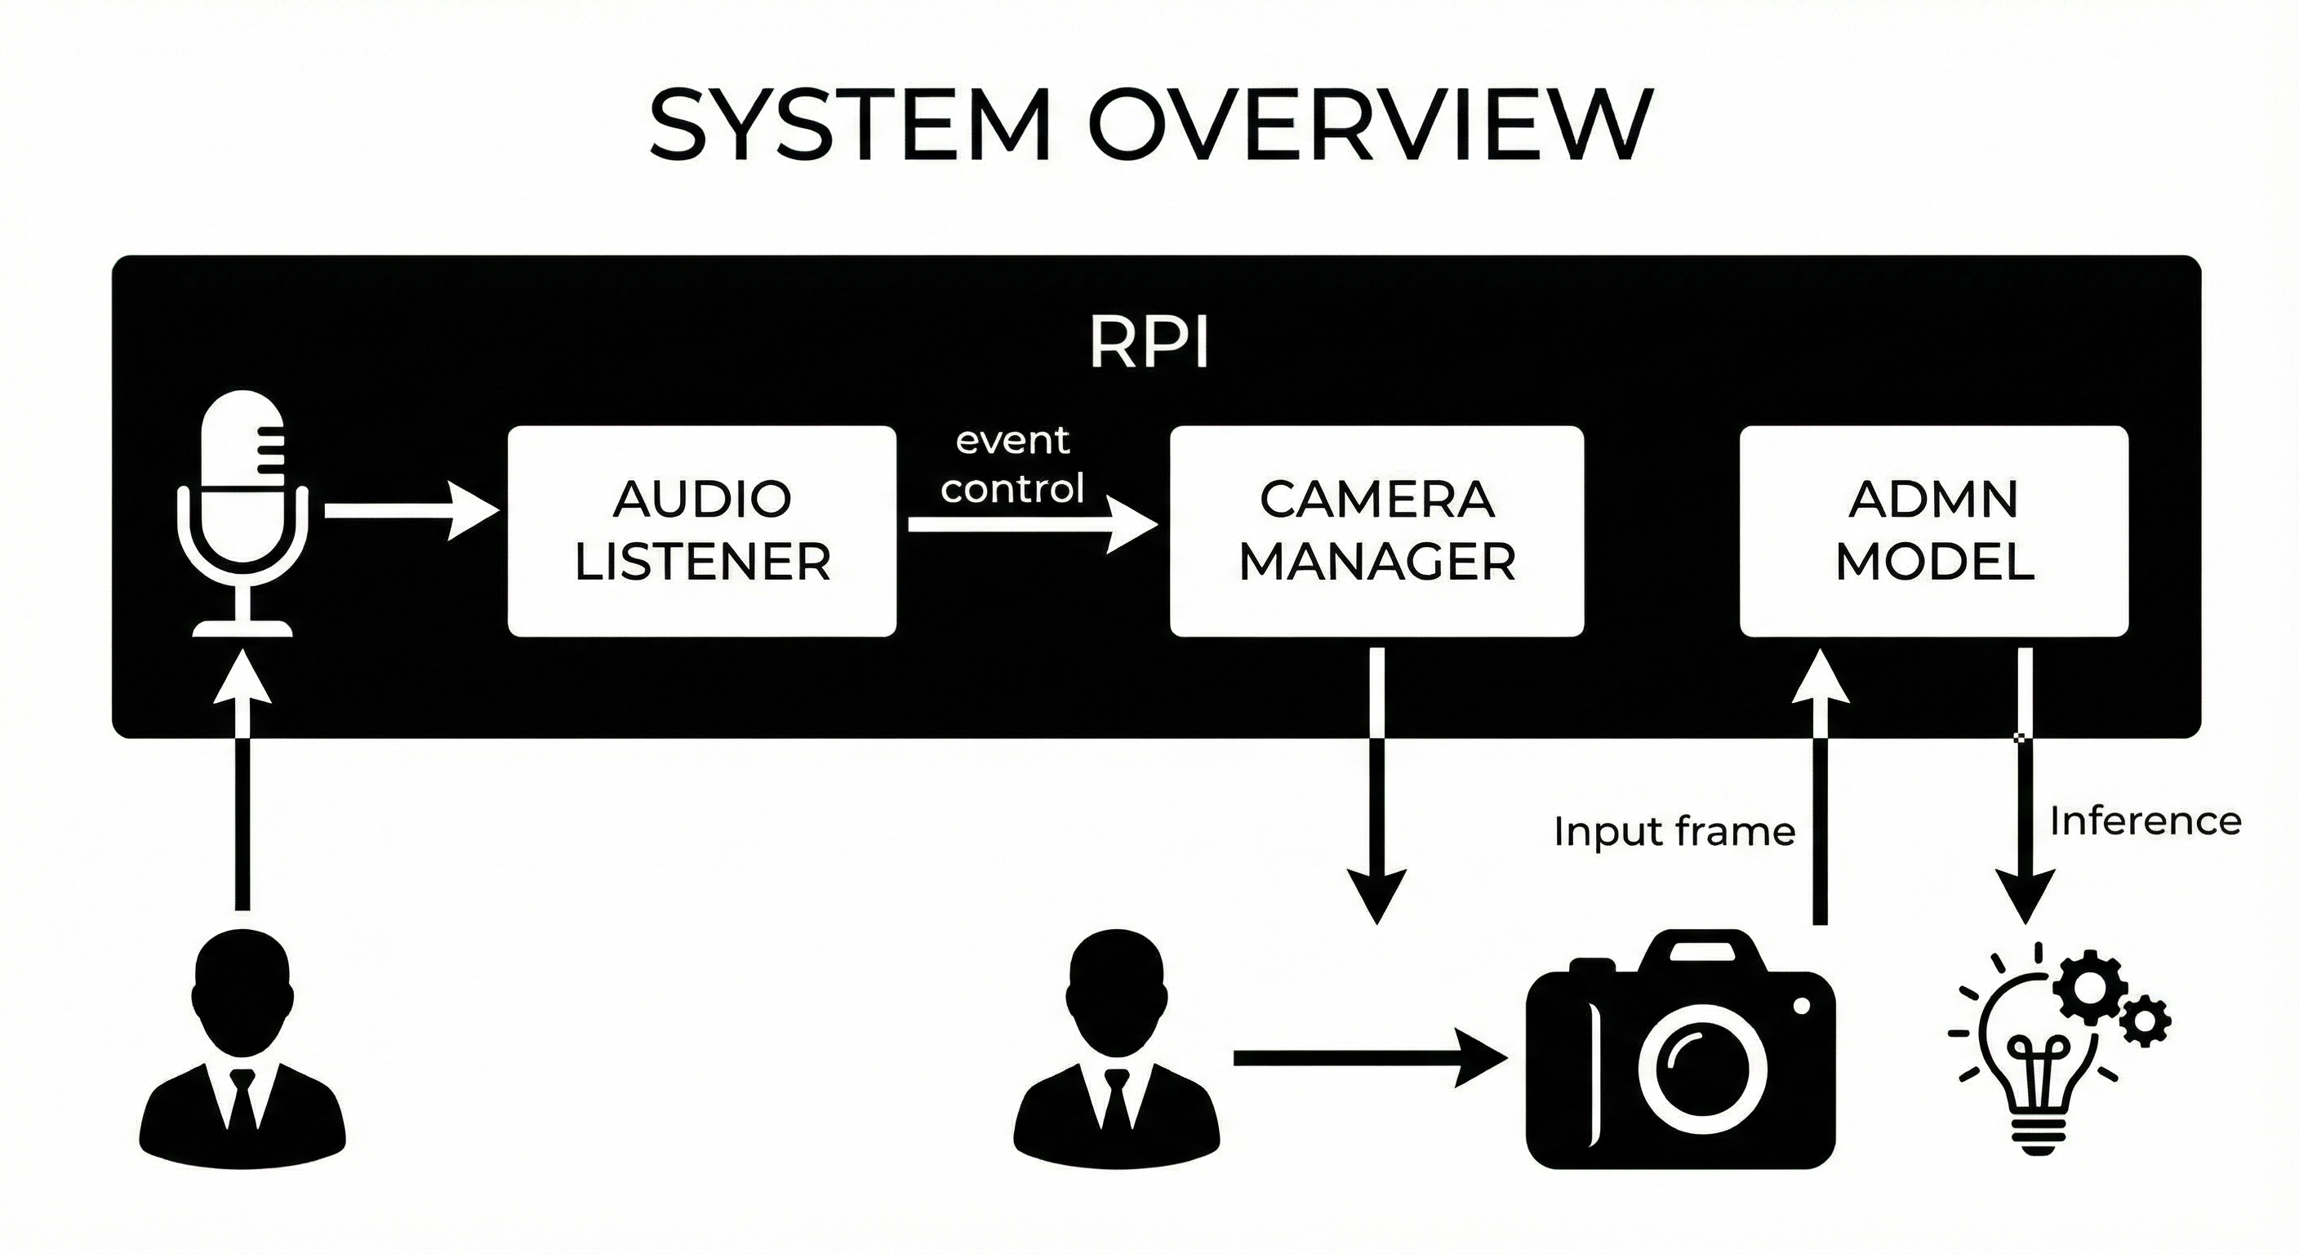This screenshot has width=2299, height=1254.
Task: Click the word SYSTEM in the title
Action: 848,125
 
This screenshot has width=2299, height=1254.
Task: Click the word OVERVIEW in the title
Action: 1370,125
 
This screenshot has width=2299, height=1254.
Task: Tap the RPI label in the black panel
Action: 1149,343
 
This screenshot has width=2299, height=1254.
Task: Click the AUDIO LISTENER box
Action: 701,531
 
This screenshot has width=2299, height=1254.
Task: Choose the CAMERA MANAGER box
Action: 1376,531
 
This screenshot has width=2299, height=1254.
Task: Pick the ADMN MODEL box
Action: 1934,531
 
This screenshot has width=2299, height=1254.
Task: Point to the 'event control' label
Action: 1012,464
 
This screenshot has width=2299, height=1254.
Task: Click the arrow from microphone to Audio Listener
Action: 411,510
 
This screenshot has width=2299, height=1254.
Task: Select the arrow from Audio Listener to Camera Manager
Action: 1031,525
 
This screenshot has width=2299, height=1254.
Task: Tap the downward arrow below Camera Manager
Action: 1376,785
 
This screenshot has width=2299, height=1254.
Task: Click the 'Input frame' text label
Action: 1674,832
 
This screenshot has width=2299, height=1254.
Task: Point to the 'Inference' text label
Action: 2145,821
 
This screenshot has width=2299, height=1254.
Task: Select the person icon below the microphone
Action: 242,1053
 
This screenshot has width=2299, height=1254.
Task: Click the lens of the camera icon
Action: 1702,1066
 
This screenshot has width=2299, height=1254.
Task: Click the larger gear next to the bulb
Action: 2089,987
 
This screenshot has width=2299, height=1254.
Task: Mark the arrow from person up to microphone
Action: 242,785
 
